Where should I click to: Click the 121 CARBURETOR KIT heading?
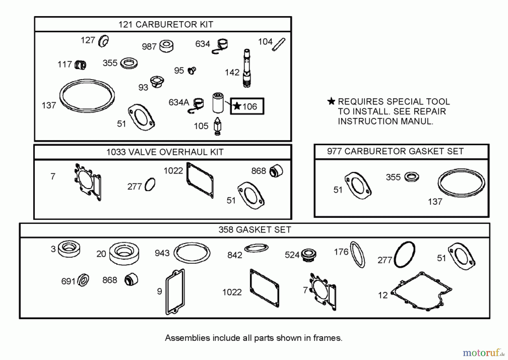coord(166,25)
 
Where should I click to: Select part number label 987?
coord(149,47)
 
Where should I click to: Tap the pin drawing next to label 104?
coord(279,45)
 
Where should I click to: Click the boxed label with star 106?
coord(247,106)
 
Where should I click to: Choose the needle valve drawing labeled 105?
coord(218,126)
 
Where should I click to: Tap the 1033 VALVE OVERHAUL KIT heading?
coord(165,152)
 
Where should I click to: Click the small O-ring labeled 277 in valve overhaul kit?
coord(150,185)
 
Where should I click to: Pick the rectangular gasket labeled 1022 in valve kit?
coord(200,180)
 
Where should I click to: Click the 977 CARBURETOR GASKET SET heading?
coord(395,152)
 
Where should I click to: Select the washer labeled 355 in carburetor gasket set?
coord(411,177)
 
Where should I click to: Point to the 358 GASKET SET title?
coord(255,230)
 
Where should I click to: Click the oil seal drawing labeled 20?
coord(124,253)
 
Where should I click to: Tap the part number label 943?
coord(162,253)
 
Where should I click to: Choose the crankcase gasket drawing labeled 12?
coord(421,291)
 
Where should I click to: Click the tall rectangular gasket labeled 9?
coord(175,292)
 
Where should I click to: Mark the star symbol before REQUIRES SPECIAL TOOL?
coord(331,101)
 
